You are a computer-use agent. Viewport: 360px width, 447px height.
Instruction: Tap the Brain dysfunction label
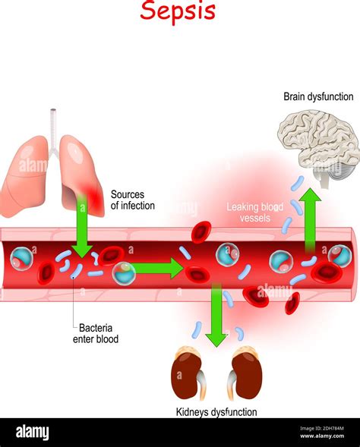click(317, 96)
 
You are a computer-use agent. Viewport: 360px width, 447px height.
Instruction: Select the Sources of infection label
click(132, 200)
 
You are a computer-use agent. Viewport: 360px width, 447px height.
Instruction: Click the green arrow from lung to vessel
click(82, 228)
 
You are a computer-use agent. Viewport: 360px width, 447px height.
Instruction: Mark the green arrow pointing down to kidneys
click(216, 315)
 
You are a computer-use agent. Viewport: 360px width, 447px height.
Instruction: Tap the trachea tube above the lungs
click(54, 125)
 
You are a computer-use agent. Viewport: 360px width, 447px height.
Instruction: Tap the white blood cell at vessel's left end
click(21, 261)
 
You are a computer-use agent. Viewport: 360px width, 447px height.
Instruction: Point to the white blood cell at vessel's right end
click(339, 256)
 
